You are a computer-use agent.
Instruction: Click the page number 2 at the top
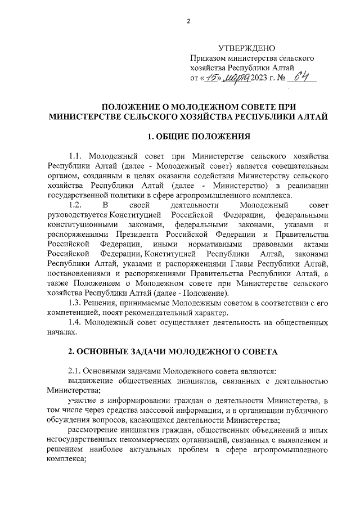coord(188,21)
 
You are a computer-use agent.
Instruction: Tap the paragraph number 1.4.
coord(75,325)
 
